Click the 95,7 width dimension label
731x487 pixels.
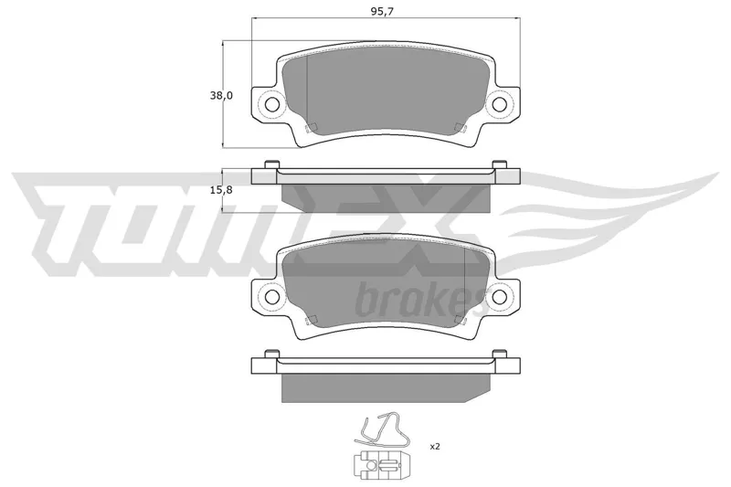[x=382, y=12]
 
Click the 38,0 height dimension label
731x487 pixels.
[x=221, y=96]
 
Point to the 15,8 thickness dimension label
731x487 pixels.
[x=221, y=190]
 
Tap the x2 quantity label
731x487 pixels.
[x=435, y=447]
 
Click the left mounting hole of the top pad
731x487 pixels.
[x=271, y=104]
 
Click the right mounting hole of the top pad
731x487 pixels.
[x=499, y=104]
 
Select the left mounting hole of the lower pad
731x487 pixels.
[x=271, y=296]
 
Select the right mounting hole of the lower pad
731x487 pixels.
[x=499, y=296]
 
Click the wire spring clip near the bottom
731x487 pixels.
[x=381, y=431]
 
